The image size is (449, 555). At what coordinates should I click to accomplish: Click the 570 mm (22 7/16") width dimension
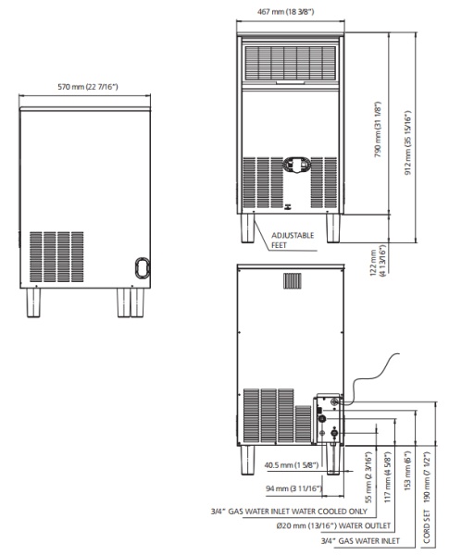click(x=89, y=88)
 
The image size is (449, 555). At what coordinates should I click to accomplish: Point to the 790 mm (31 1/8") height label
click(x=378, y=130)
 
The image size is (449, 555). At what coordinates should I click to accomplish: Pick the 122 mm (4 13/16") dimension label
click(x=375, y=262)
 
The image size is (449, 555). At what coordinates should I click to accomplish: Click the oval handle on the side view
click(x=141, y=266)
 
